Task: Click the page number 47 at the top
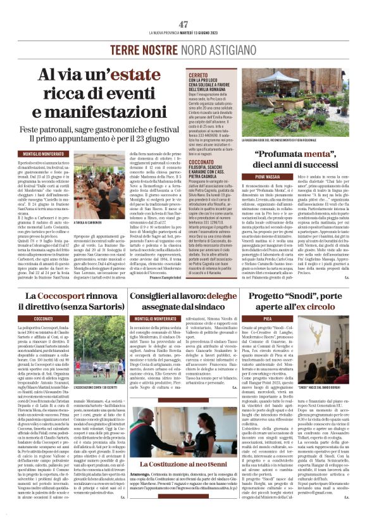pos(183,24)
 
